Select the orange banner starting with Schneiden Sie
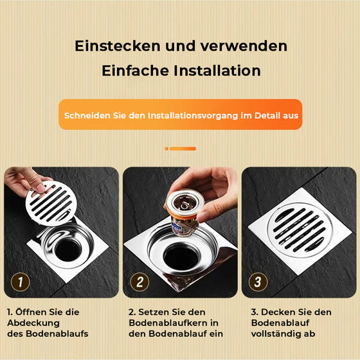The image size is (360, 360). click(x=180, y=116)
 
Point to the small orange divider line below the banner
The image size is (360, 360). click(x=180, y=148)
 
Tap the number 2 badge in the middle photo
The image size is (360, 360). click(x=140, y=281)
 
